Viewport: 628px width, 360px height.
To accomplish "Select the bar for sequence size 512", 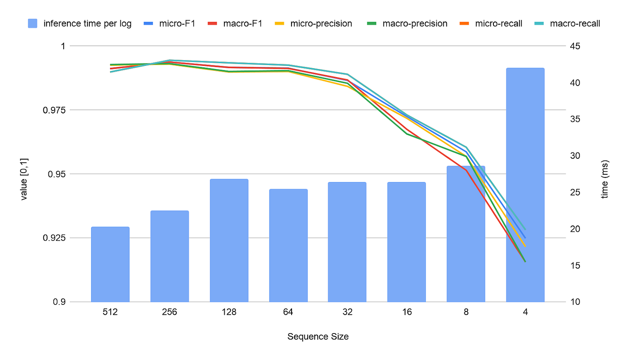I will click(x=110, y=264).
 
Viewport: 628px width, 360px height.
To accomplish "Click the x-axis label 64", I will click(x=288, y=312).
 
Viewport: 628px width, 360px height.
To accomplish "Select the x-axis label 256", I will click(x=170, y=312).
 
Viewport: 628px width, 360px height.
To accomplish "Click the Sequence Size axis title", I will click(x=318, y=337).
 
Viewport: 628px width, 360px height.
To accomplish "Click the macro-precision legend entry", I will click(x=409, y=23).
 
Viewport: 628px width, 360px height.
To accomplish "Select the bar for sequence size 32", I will click(x=347, y=242).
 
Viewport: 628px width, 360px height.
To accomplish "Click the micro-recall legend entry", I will click(x=493, y=23).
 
